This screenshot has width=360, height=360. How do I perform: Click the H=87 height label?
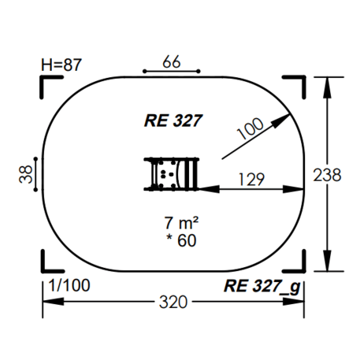point(61,65)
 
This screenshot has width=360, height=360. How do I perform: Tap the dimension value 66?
point(172,62)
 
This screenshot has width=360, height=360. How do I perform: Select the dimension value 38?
point(26,174)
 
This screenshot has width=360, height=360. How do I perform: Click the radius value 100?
point(250,128)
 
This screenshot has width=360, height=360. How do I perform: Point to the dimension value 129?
point(251,180)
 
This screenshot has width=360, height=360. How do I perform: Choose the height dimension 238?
point(327,175)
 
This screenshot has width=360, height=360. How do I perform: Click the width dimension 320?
point(173,302)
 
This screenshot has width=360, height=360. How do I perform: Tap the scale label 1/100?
point(69,285)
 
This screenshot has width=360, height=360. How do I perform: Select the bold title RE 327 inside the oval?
point(173,121)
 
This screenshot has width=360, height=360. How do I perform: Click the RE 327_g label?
point(262,287)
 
